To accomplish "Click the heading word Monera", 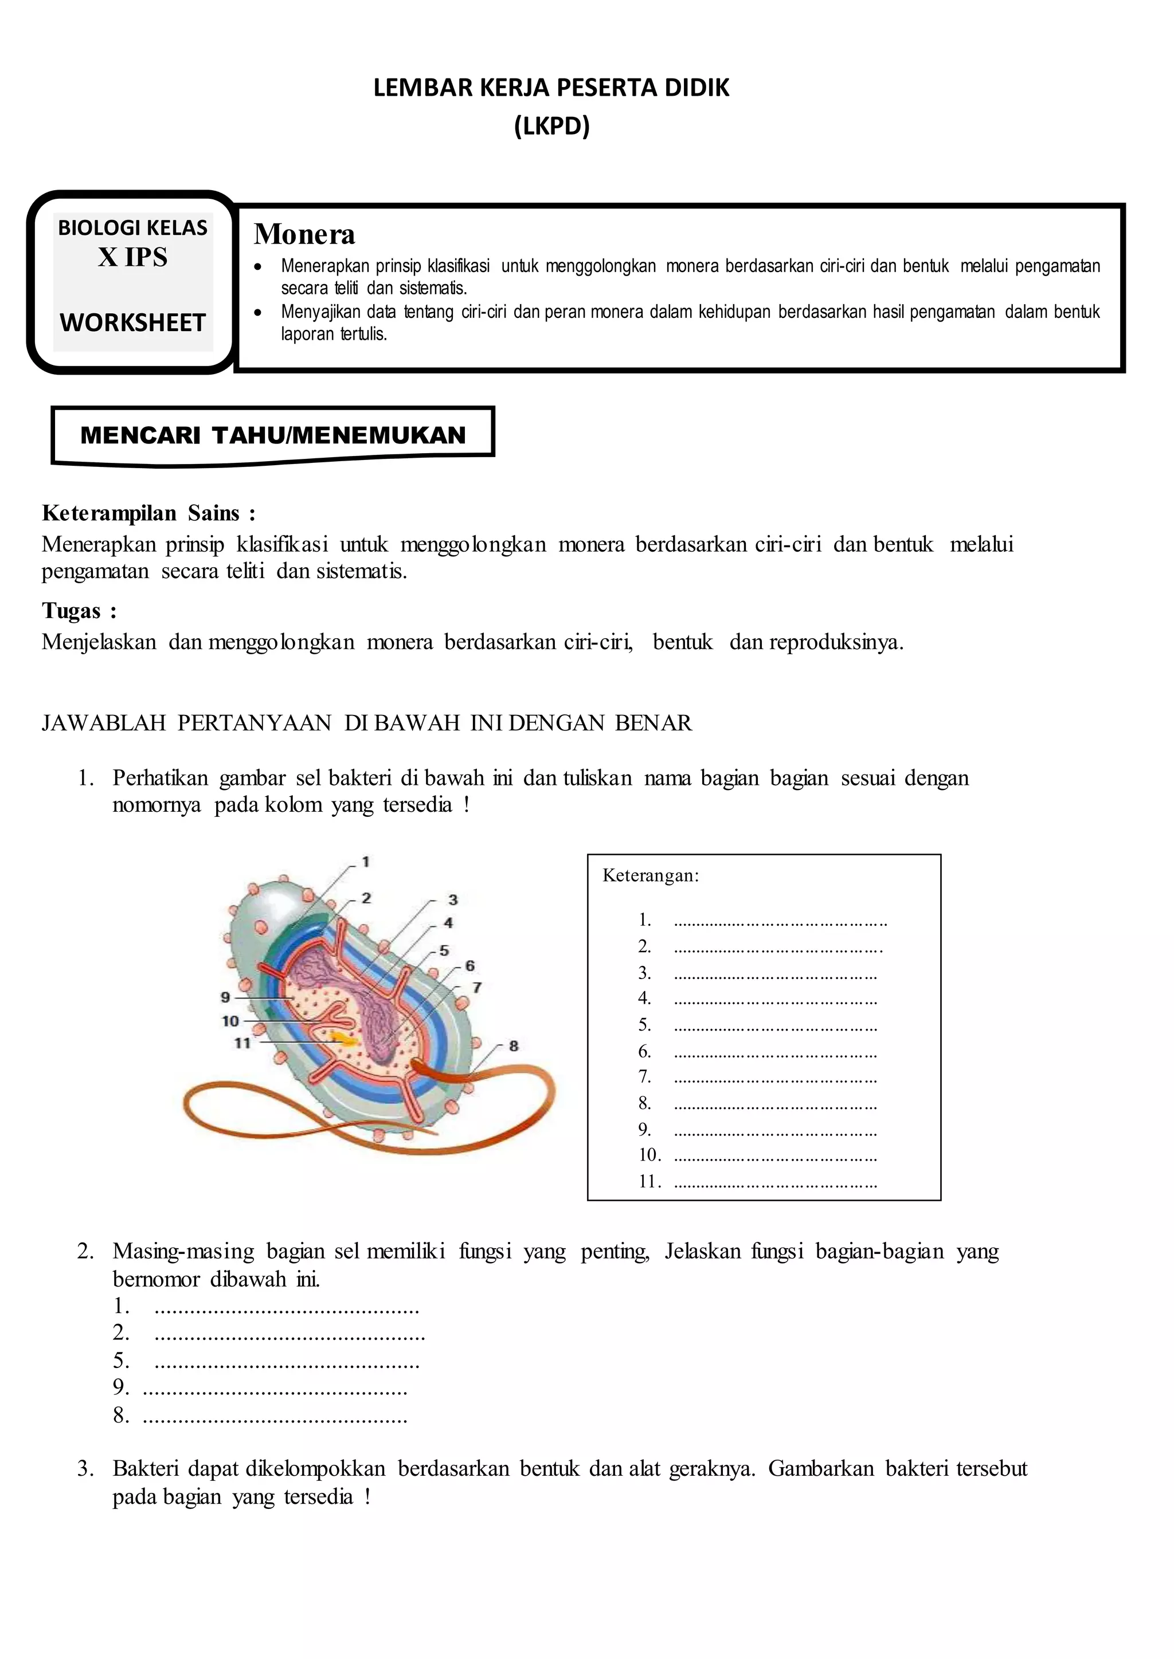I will [x=304, y=235].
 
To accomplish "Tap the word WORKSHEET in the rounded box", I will [x=133, y=323].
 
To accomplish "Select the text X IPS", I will [x=133, y=257].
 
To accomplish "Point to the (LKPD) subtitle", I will [x=551, y=127].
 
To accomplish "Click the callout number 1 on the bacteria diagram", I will [x=366, y=861].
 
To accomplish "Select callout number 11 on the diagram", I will [x=242, y=1043].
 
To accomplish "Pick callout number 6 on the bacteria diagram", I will [x=470, y=965].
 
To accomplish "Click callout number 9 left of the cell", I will [x=225, y=997].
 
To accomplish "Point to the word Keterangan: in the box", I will [x=651, y=876].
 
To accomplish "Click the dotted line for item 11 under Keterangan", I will [x=775, y=1182].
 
